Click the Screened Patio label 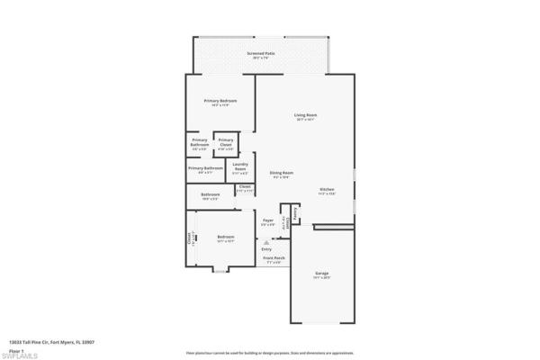(x=261, y=54)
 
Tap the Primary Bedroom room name (x=220, y=100)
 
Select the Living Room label (x=305, y=114)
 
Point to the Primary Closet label (x=226, y=140)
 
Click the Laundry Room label (x=240, y=165)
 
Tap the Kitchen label (x=326, y=189)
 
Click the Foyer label (x=267, y=220)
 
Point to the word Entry (x=266, y=249)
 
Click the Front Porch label (x=273, y=258)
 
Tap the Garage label (x=321, y=273)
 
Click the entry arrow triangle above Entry (x=266, y=241)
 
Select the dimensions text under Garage (x=321, y=278)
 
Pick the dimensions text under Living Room (x=305, y=120)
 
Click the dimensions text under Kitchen (x=326, y=194)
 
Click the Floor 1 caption (x=17, y=348)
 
